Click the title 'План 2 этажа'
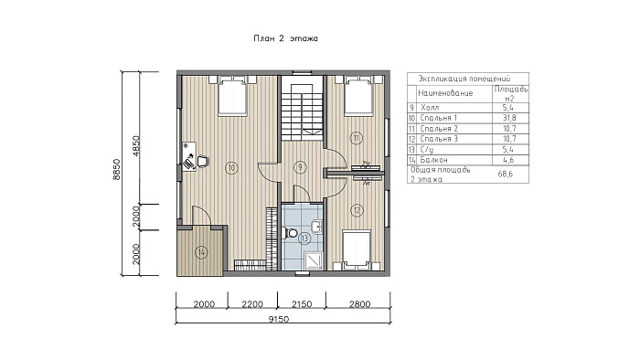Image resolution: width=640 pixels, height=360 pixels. pyautogui.click(x=285, y=38)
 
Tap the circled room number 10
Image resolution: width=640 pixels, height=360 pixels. pyautogui.click(x=232, y=167)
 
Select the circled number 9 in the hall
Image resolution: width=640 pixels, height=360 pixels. pyautogui.click(x=300, y=167)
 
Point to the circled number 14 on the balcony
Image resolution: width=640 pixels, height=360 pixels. pyautogui.click(x=201, y=253)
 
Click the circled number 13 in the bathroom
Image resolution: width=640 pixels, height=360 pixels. pyautogui.click(x=304, y=238)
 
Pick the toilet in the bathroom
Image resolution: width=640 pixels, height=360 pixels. pyautogui.click(x=291, y=234)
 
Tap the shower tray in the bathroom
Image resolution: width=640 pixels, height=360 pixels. pyautogui.click(x=314, y=260)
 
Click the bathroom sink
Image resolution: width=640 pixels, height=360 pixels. pyautogui.click(x=316, y=226)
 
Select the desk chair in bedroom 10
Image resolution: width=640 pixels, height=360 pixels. pyautogui.click(x=203, y=162)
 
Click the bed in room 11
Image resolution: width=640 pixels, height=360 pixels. pyautogui.click(x=358, y=96)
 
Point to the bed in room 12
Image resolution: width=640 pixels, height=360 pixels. pyautogui.click(x=357, y=249)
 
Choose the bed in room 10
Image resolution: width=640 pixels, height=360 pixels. pyautogui.click(x=232, y=96)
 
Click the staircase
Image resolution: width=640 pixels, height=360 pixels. pyautogui.click(x=302, y=110)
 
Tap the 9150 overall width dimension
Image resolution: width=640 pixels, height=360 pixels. pyautogui.click(x=279, y=319)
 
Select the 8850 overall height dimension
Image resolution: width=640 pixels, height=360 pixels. pyautogui.click(x=117, y=169)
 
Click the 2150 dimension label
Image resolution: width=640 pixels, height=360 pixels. pyautogui.click(x=302, y=304)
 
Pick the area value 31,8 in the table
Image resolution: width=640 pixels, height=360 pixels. pyautogui.click(x=509, y=118)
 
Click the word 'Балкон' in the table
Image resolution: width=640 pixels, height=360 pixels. pyautogui.click(x=433, y=160)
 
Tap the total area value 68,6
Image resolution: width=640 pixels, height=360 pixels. pyautogui.click(x=506, y=175)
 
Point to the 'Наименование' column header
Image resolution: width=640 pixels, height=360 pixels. pyautogui.click(x=445, y=93)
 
